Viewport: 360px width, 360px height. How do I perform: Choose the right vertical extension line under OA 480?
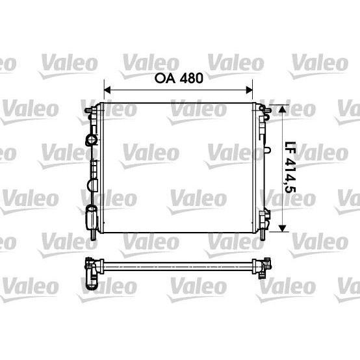click(251, 95)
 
